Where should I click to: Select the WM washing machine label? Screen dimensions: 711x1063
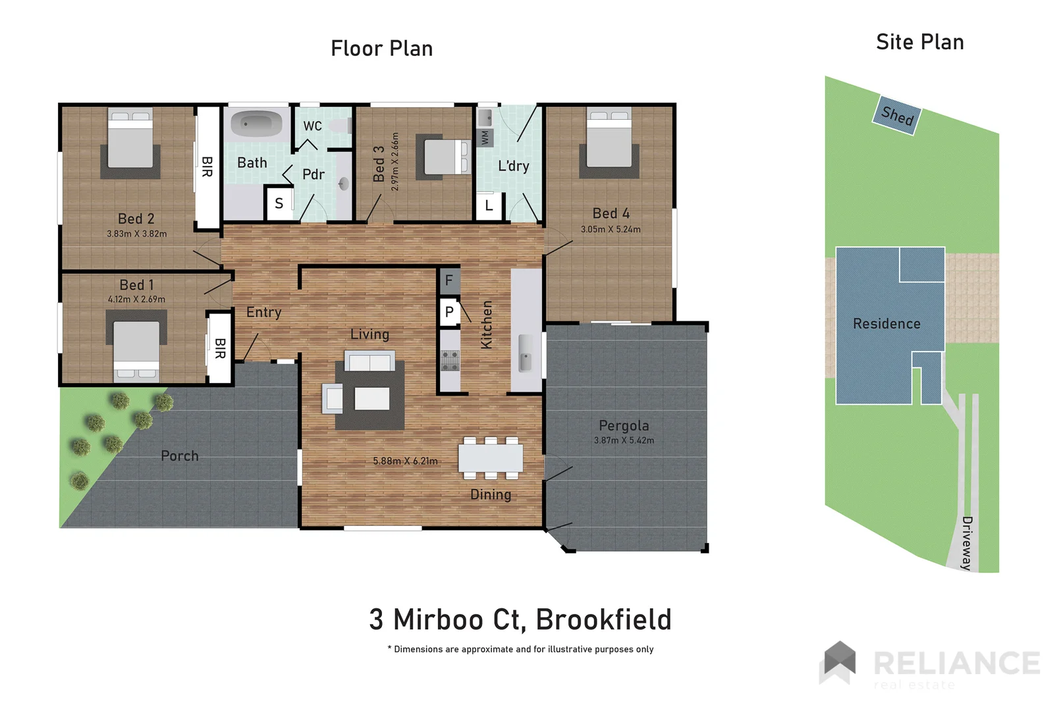(x=485, y=138)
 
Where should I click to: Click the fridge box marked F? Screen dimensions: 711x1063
(x=449, y=280)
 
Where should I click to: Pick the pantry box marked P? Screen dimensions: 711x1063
(x=449, y=312)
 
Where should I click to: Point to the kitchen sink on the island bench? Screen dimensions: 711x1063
(x=526, y=354)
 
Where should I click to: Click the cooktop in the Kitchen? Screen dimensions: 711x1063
(x=450, y=360)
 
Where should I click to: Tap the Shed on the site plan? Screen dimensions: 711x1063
(x=897, y=115)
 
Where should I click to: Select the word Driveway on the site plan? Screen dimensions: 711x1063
(x=966, y=543)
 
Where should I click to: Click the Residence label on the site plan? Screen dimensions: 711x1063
(x=886, y=324)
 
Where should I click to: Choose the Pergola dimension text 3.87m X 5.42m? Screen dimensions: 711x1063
(x=624, y=440)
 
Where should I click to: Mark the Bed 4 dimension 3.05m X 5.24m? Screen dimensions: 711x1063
(x=611, y=229)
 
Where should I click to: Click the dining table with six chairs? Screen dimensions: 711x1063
(x=491, y=458)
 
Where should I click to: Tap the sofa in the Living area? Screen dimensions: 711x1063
(x=370, y=362)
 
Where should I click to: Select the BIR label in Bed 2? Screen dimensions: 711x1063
(x=207, y=167)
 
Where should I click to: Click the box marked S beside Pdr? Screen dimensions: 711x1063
(x=279, y=203)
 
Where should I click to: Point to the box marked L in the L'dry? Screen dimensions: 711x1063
(x=489, y=205)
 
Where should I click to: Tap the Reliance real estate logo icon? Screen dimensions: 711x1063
(x=838, y=662)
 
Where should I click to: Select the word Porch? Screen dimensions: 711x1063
(x=180, y=456)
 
